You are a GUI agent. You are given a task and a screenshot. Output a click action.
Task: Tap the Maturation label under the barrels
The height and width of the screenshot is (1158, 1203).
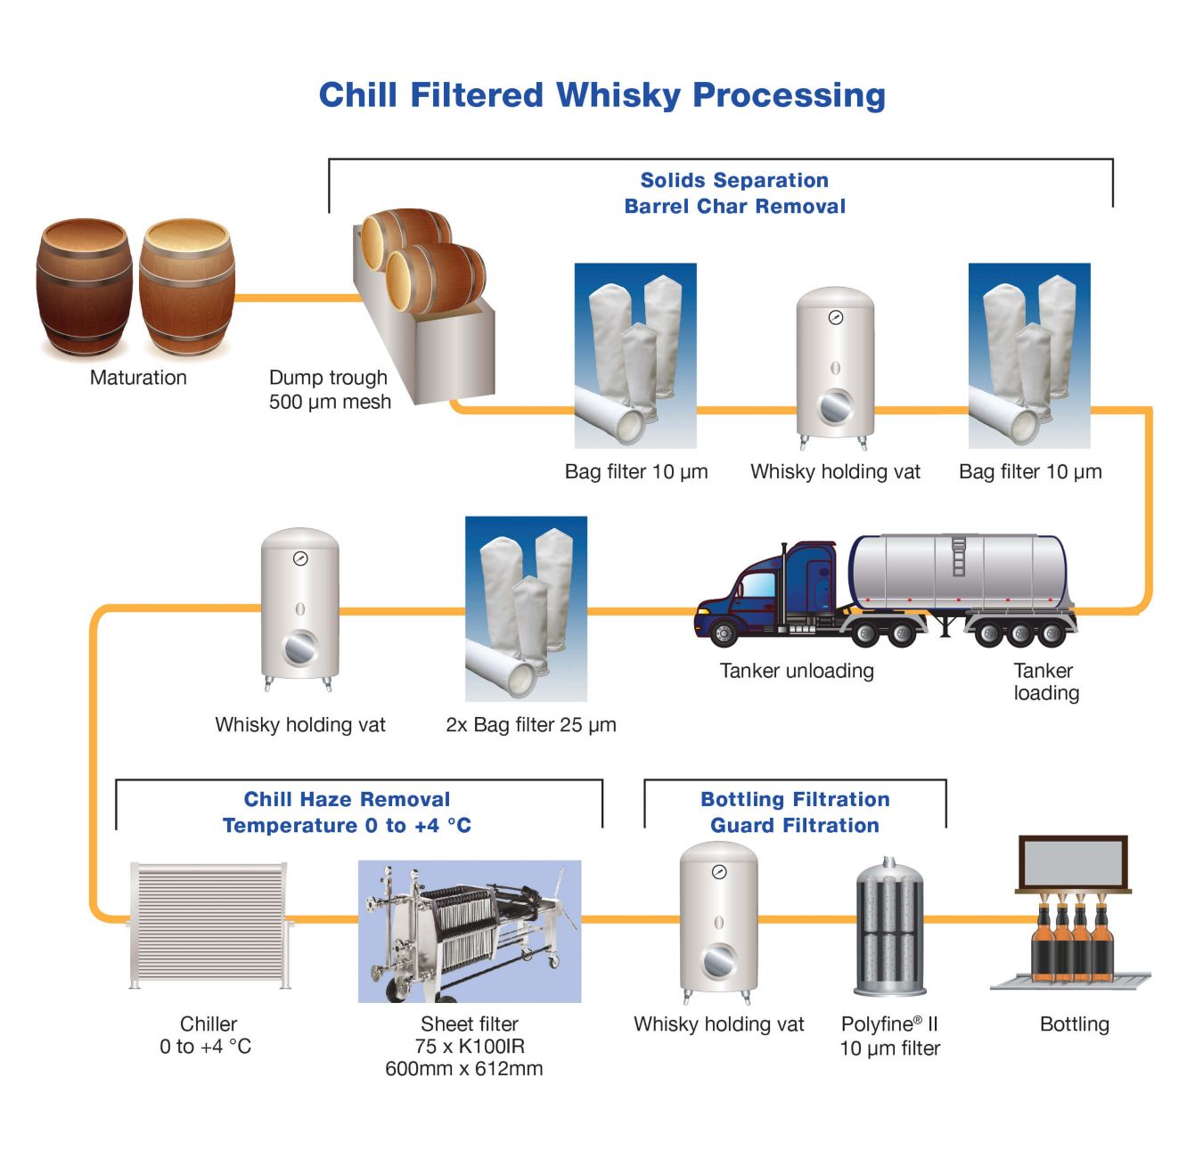tap(138, 378)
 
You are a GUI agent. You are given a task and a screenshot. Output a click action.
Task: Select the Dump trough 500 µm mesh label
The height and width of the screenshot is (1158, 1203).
tap(330, 389)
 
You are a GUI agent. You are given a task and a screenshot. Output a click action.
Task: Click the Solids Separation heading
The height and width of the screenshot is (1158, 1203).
tap(734, 181)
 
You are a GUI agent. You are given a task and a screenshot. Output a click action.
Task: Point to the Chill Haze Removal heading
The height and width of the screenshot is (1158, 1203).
tap(347, 799)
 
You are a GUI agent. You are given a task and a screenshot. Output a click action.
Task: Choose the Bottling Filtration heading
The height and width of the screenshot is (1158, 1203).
tap(795, 799)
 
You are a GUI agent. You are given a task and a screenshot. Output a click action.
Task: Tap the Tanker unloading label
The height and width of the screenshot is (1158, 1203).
tap(797, 671)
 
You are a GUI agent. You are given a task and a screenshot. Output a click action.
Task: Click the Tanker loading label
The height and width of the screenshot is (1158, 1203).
tap(1046, 681)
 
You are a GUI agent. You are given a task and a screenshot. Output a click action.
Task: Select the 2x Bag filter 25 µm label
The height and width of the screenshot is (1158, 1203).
tap(531, 725)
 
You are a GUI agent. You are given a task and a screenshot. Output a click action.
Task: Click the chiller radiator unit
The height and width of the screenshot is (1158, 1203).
tap(209, 924)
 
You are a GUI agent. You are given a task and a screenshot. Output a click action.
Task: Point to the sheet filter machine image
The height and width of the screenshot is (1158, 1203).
tap(470, 931)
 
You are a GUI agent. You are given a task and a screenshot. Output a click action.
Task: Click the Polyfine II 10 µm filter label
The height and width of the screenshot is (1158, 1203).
tap(889, 1036)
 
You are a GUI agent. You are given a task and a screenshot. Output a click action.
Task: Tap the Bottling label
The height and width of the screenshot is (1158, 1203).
tap(1074, 1024)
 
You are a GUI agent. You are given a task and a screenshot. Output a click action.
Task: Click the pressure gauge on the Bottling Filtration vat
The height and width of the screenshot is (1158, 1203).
tap(719, 872)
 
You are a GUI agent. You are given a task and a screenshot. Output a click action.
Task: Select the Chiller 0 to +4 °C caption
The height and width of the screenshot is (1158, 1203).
tap(207, 1035)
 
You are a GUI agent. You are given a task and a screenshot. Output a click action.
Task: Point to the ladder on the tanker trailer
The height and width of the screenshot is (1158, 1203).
tap(959, 556)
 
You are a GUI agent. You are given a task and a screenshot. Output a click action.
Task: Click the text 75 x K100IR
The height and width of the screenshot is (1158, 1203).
tap(470, 1047)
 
